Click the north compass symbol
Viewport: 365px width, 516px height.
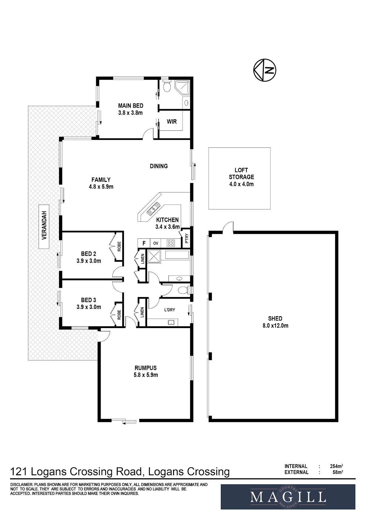pyautogui.click(x=265, y=70)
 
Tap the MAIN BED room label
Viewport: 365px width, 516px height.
pyautogui.click(x=131, y=106)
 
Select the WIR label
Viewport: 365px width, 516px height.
pyautogui.click(x=172, y=122)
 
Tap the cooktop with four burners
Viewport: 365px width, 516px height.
pyautogui.click(x=171, y=243)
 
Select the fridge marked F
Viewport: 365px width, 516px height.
pyautogui.click(x=144, y=243)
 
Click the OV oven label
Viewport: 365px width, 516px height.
pyautogui.click(x=156, y=243)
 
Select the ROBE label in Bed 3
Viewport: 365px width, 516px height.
pyautogui.click(x=119, y=315)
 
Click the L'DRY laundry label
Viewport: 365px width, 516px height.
pyautogui.click(x=170, y=310)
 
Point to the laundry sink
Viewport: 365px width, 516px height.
pyautogui.click(x=172, y=322)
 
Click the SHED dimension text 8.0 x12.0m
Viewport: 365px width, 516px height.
pyautogui.click(x=275, y=326)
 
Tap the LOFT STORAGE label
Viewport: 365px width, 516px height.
pyautogui.click(x=241, y=173)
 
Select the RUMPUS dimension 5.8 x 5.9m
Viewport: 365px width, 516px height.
pyautogui.click(x=146, y=375)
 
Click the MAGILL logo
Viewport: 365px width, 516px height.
pyautogui.click(x=288, y=497)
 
